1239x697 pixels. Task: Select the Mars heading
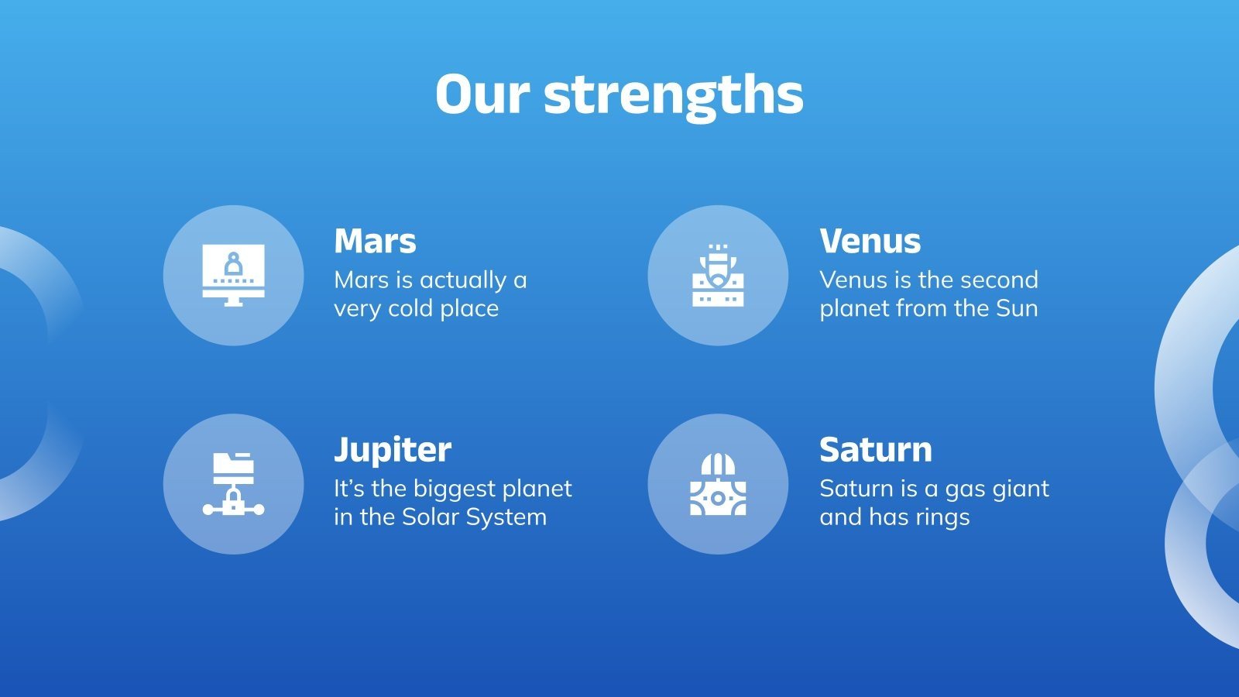[375, 241]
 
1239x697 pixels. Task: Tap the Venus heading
[870, 241]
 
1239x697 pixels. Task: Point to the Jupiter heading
[393, 450]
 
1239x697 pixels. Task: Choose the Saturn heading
[876, 450]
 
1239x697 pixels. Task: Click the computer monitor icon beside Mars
[233, 276]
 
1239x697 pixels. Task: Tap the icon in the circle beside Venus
[718, 276]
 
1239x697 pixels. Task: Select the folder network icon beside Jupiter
[233, 484]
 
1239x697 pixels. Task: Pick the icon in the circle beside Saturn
[718, 484]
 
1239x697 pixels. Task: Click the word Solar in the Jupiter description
[431, 517]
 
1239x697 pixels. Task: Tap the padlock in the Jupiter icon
[233, 500]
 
